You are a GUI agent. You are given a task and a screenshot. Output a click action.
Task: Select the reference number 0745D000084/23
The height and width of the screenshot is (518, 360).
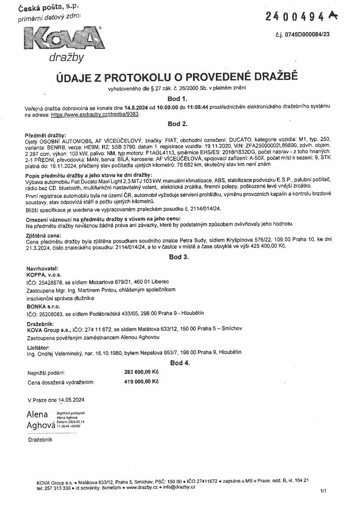pos(315,34)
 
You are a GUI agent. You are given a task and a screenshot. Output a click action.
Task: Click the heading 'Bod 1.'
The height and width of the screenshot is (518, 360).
pos(178,99)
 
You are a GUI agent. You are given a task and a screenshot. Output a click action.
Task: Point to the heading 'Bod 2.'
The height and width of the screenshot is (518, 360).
pos(178,124)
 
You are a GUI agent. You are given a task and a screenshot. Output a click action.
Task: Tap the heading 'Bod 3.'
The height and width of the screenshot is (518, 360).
pos(179,257)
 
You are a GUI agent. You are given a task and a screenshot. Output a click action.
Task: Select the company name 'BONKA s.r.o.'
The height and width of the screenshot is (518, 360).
pos(43,306)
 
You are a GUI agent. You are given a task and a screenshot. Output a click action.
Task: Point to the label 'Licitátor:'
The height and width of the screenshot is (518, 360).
pos(38,347)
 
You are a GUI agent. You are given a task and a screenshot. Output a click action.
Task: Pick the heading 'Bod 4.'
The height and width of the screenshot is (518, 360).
pos(180,363)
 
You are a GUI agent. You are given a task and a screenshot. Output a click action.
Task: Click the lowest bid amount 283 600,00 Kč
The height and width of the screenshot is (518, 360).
pos(142,372)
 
